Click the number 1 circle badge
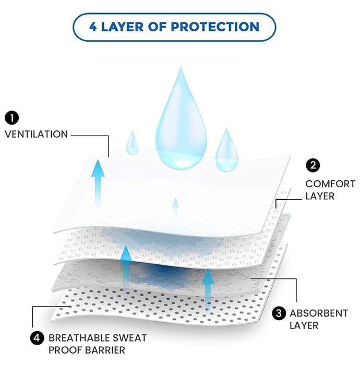11,118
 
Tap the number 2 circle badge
313,165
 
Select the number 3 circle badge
279,313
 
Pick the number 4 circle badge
37,338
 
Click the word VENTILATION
37,135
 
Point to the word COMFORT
330,184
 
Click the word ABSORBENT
319,313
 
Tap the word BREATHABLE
79,338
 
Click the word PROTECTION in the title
215,27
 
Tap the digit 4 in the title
93,27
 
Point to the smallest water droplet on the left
133,143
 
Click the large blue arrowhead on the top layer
98,169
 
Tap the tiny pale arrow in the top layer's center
176,206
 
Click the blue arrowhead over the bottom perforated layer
208,276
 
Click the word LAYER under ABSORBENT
304,325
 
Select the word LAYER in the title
122,27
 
